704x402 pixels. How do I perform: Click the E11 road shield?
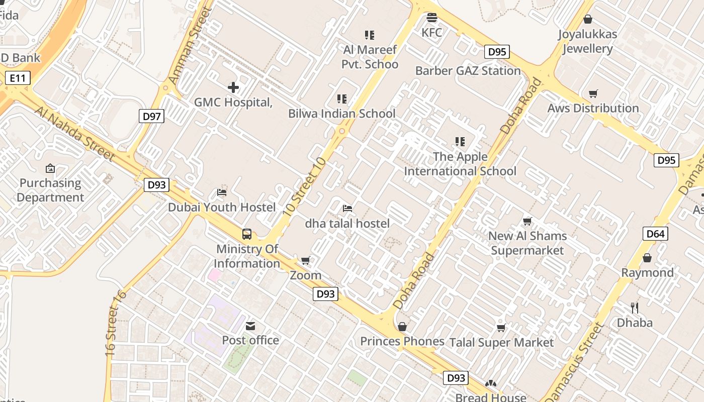18,78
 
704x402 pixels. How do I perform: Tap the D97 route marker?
151,117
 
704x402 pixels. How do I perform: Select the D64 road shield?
655,233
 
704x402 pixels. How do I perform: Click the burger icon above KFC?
431,18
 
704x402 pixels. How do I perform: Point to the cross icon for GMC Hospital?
233,87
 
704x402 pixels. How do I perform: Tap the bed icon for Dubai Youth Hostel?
222,192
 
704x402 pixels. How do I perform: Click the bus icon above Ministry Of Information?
247,234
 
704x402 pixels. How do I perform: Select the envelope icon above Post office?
250,326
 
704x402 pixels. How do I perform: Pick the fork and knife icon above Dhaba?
635,308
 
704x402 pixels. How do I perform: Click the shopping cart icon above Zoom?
305,260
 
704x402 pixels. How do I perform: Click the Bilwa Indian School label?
342,114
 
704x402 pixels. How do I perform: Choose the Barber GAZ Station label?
468,70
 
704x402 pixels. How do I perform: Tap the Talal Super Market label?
501,343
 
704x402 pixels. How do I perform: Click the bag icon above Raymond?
647,258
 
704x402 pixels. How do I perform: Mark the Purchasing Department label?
50,190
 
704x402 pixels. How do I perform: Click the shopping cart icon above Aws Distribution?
593,93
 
